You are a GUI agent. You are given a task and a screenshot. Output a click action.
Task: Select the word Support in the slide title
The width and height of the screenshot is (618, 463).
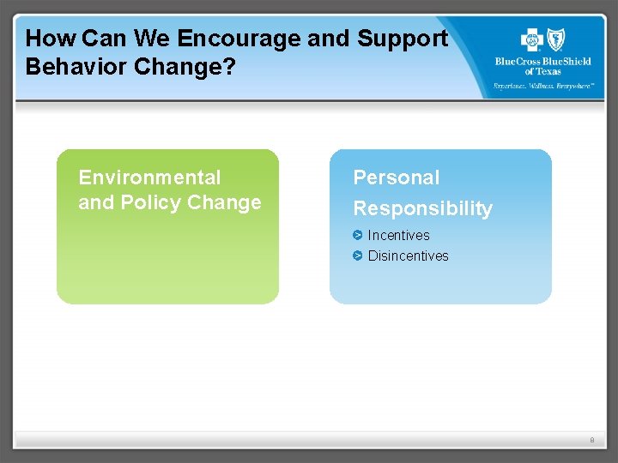403,39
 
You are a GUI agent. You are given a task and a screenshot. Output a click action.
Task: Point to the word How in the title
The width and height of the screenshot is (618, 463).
51,39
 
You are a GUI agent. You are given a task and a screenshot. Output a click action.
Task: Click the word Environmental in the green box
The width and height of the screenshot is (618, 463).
149,177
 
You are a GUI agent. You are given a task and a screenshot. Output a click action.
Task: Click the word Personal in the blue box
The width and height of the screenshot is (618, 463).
397,177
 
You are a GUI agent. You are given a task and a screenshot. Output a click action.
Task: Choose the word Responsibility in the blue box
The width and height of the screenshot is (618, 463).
423,208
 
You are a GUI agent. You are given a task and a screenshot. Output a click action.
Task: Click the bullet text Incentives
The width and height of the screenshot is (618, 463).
398,235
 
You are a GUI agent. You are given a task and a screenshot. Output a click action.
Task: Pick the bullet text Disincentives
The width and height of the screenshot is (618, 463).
408,256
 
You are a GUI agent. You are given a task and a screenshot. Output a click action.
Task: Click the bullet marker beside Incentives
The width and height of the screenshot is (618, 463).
358,235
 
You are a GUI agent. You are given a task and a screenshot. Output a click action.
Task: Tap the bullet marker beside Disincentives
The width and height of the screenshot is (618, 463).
358,256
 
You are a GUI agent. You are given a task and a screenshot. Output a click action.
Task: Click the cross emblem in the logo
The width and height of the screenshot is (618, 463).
532,39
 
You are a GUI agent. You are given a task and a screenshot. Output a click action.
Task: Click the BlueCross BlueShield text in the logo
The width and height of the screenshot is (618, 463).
542,62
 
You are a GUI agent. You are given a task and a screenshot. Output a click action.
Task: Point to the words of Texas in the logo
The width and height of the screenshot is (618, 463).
542,71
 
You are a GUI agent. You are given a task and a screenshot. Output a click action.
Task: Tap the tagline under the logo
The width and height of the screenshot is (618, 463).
542,86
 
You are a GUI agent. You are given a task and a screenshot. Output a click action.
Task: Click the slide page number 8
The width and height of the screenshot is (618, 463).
591,440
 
